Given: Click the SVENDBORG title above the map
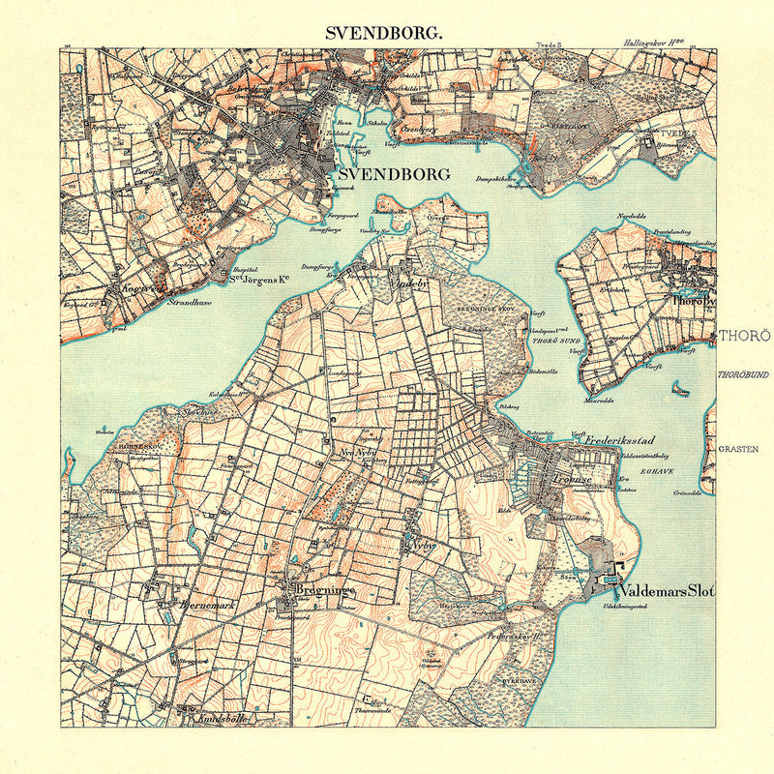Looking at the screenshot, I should point(385,31).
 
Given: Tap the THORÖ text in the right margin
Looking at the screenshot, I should point(743,336).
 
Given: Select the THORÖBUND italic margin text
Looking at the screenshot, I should point(743,373).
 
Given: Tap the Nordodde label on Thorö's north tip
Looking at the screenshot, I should point(630,216).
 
